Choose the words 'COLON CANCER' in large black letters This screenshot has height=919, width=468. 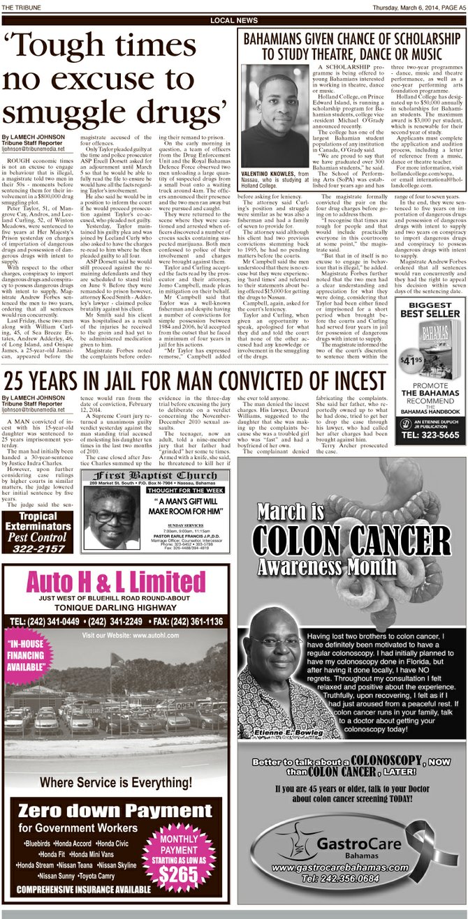click(351, 541)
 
